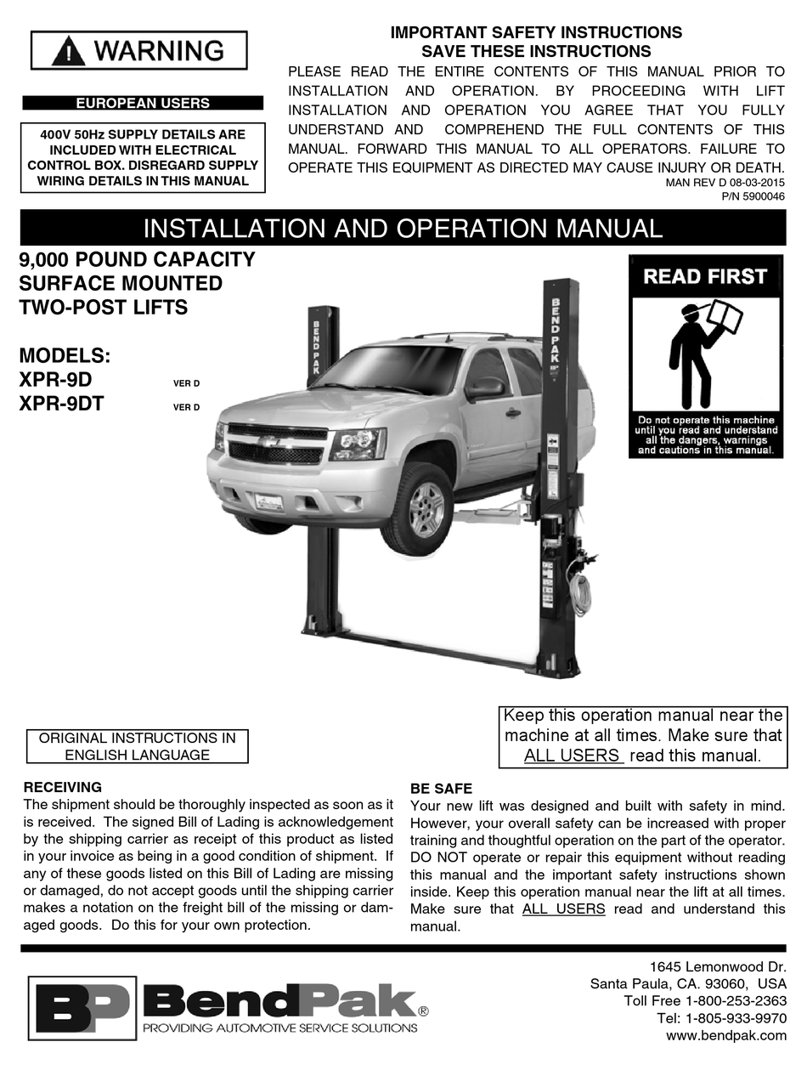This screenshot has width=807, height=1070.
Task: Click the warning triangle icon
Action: pyautogui.click(x=68, y=52)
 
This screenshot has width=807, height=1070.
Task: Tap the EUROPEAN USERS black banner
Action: pyautogui.click(x=143, y=104)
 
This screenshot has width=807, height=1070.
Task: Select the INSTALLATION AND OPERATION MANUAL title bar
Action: pyautogui.click(x=403, y=229)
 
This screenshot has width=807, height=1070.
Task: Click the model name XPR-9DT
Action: pyautogui.click(x=61, y=405)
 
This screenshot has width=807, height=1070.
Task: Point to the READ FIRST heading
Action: pyautogui.click(x=705, y=276)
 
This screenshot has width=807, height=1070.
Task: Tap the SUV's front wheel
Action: pyautogui.click(x=421, y=507)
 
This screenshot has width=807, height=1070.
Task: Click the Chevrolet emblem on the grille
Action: pyautogui.click(x=270, y=442)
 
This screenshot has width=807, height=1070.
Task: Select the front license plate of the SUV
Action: pyautogui.click(x=269, y=502)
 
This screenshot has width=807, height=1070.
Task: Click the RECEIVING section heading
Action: pyautogui.click(x=63, y=787)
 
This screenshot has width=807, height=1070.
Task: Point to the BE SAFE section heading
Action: pyautogui.click(x=441, y=789)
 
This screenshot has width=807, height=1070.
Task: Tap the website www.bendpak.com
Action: pyautogui.click(x=726, y=1035)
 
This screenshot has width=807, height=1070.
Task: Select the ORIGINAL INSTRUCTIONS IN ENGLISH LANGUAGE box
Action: pyautogui.click(x=138, y=746)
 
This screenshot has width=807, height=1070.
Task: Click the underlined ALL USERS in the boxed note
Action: pyautogui.click(x=573, y=756)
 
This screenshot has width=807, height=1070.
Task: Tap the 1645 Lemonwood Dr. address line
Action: pyautogui.click(x=718, y=966)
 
